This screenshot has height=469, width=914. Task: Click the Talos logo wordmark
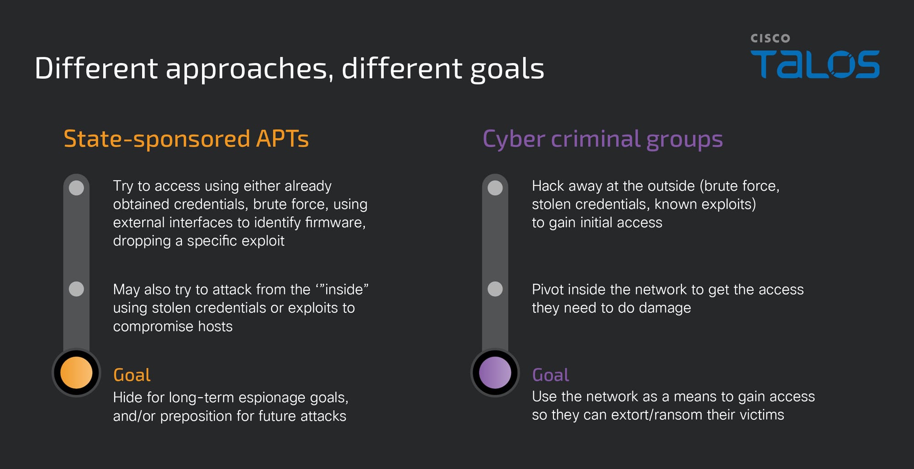815,64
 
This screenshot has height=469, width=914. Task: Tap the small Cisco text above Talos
770,38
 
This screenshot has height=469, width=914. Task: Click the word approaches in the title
247,69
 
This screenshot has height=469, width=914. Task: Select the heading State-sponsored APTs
186,139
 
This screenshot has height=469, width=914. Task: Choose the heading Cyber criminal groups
603,139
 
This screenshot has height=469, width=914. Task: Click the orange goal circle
76,373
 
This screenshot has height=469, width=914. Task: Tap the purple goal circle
495,373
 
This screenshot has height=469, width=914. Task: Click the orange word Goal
132,375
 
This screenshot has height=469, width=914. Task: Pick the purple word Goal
551,375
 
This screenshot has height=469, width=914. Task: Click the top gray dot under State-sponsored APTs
76,188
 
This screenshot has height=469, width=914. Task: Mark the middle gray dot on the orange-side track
76,289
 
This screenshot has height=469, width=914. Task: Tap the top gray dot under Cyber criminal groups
495,188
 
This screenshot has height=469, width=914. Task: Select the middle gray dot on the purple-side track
495,289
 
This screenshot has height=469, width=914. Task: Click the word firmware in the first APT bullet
335,223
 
